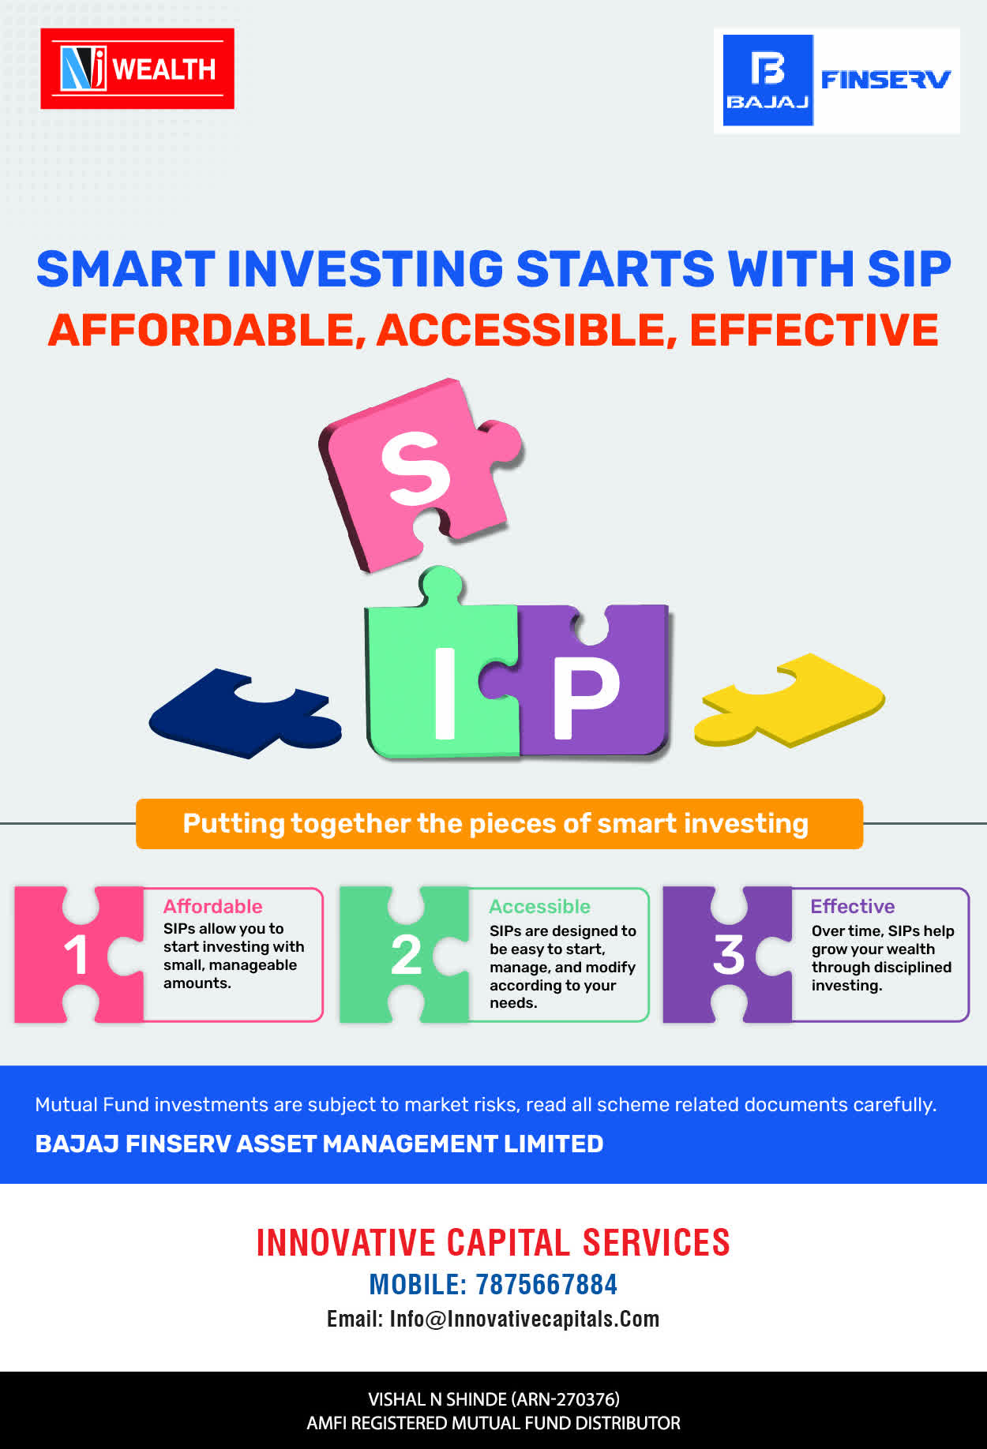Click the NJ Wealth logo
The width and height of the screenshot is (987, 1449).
[x=137, y=69]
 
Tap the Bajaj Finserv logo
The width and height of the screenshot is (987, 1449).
[x=837, y=80]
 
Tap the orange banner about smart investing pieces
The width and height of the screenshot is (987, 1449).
[x=499, y=824]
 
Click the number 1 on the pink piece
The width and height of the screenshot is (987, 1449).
[x=77, y=955]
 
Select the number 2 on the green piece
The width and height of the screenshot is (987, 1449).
[x=407, y=955]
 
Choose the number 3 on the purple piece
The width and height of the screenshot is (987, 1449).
[x=729, y=955]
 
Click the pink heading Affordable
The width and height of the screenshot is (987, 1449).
[x=212, y=906]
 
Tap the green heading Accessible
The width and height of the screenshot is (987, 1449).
[x=539, y=906]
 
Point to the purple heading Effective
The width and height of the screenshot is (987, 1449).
[x=853, y=906]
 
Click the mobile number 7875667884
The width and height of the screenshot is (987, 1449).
[x=546, y=1285]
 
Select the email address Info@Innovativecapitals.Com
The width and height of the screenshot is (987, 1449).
[x=524, y=1319]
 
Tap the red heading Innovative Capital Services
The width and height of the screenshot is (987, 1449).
[x=493, y=1242]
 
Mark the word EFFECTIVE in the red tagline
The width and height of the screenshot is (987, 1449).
[x=814, y=330]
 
